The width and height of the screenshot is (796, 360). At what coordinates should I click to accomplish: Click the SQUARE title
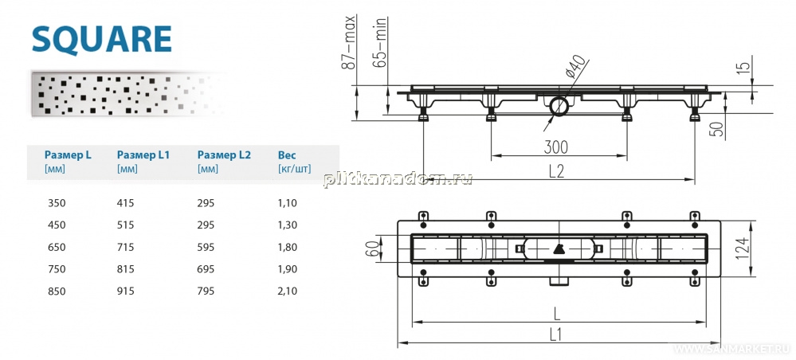pyautogui.click(x=101, y=39)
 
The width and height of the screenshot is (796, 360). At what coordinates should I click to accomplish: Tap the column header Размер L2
pyautogui.click(x=224, y=155)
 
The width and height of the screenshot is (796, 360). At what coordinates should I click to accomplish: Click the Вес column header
pyautogui.click(x=287, y=155)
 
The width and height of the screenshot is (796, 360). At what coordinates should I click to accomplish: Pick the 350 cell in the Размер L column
pyautogui.click(x=57, y=203)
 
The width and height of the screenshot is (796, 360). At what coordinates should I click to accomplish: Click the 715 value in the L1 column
pyautogui.click(x=125, y=247)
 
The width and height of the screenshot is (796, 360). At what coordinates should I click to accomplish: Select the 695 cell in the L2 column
pyautogui.click(x=206, y=269)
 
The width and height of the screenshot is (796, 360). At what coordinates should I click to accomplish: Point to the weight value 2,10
pyautogui.click(x=287, y=291)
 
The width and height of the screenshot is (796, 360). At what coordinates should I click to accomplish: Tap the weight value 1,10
pyautogui.click(x=287, y=203)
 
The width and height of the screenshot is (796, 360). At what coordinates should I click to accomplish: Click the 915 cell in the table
pyautogui.click(x=125, y=291)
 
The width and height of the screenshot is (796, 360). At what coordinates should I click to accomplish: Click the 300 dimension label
pyautogui.click(x=556, y=148)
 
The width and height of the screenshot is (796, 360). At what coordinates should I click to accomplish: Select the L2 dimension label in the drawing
pyautogui.click(x=557, y=171)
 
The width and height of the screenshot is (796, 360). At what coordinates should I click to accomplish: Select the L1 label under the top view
pyautogui.click(x=557, y=334)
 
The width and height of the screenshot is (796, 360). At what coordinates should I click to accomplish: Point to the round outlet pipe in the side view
pyautogui.click(x=559, y=106)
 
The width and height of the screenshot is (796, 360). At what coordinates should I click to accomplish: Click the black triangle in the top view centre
pyautogui.click(x=558, y=248)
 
